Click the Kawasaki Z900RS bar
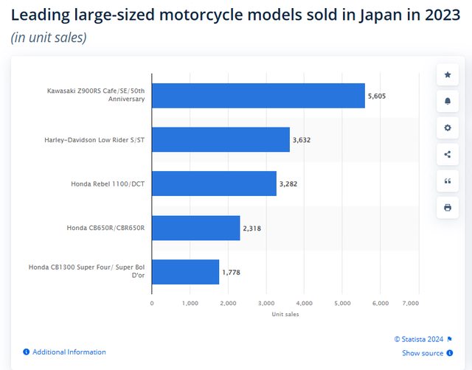tap(258, 95)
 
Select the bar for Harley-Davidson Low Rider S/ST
tap(221, 139)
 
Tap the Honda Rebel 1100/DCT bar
tap(214, 184)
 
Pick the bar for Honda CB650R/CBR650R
tap(196, 228)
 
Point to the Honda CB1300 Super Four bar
tap(185, 272)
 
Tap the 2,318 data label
tap(251, 228)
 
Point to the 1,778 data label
tap(232, 273)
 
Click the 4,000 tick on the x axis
tap(304, 303)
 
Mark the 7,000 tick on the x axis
tap(418, 303)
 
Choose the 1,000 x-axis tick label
tap(190, 303)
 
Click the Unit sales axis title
tap(285, 315)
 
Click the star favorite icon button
tap(447, 74)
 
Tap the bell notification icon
tap(447, 101)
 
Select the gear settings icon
tap(447, 128)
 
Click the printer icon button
tap(447, 207)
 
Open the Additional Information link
tap(69, 352)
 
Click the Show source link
tap(423, 354)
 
